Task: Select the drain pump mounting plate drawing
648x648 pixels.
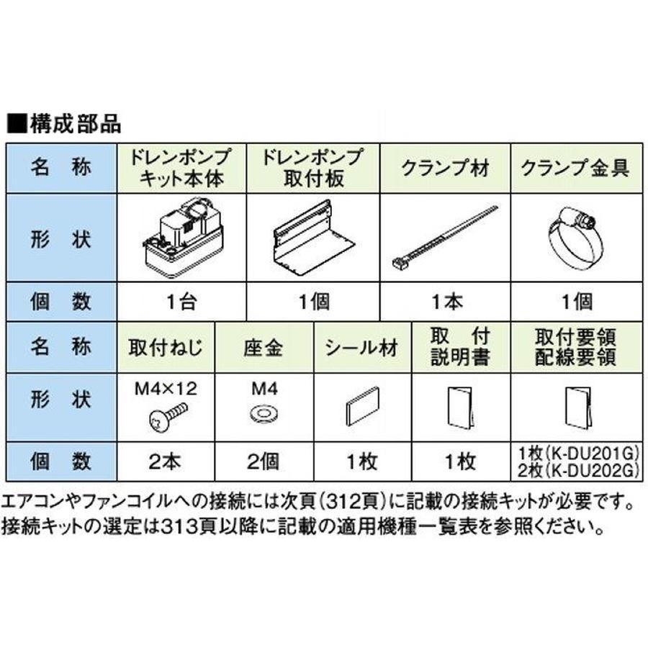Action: pyautogui.click(x=311, y=238)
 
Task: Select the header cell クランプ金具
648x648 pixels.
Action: pyautogui.click(x=575, y=168)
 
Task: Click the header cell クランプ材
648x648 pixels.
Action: pyautogui.click(x=445, y=168)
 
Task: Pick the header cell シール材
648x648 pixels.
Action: pyautogui.click(x=361, y=348)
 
